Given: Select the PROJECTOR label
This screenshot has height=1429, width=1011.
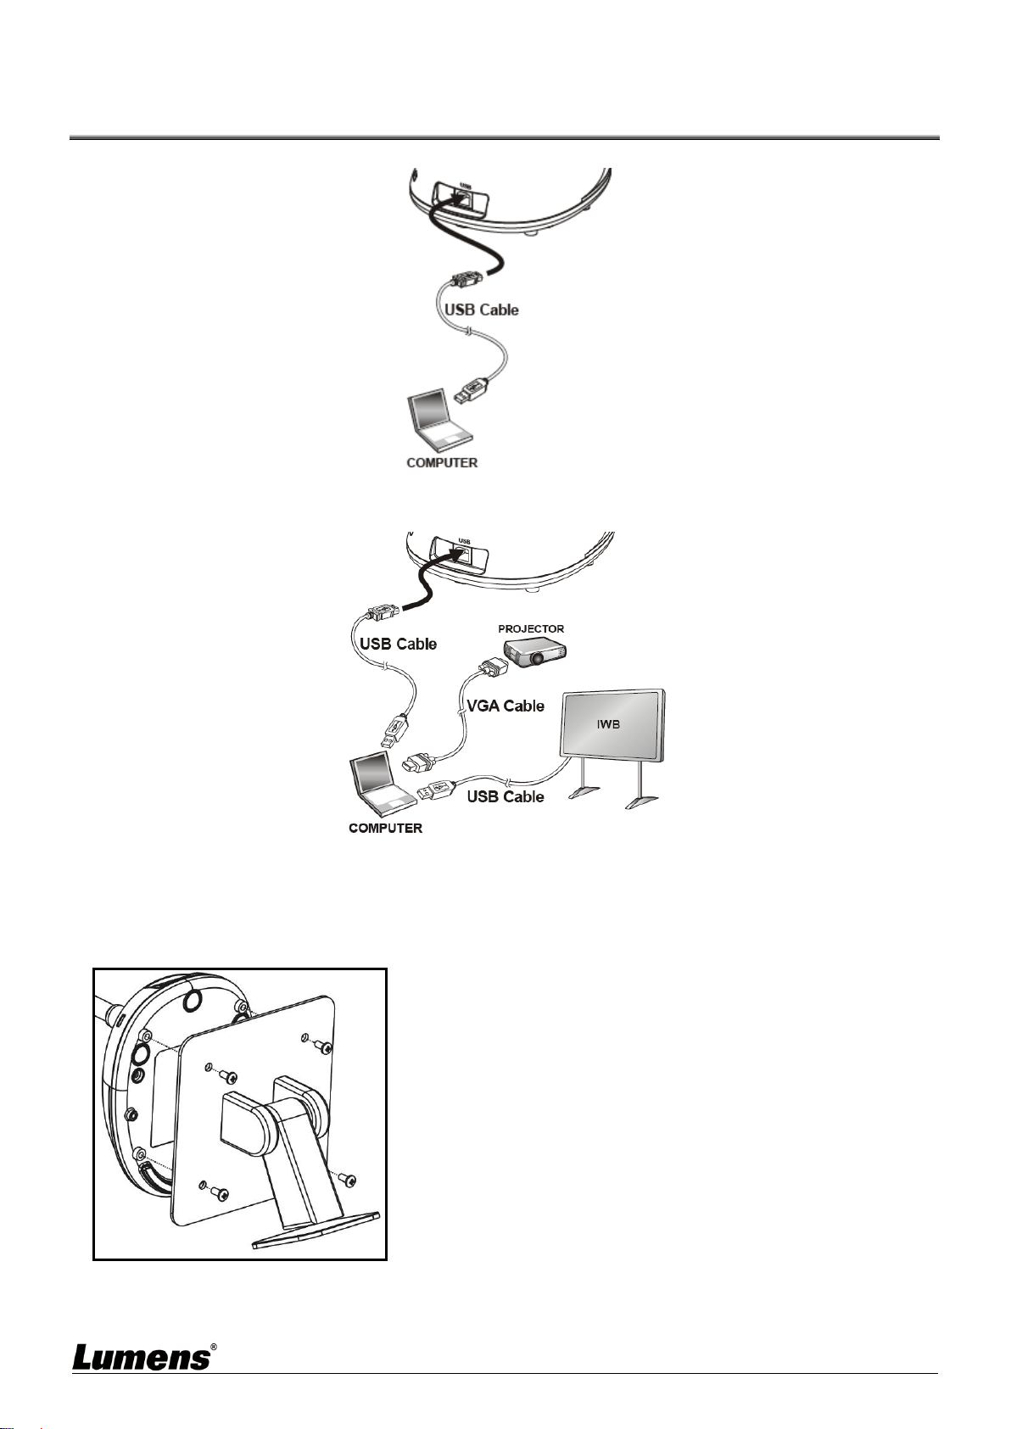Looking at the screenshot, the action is click(531, 628).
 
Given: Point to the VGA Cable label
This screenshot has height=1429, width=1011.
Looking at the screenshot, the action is click(505, 706).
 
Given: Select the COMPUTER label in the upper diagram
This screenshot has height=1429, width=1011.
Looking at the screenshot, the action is click(442, 463).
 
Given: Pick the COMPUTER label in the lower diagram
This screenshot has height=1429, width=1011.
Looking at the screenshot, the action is click(385, 828).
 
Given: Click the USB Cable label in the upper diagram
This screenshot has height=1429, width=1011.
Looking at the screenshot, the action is click(482, 310).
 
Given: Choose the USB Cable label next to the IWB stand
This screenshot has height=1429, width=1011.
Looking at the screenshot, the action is click(505, 796).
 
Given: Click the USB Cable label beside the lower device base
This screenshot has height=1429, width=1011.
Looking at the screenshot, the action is click(398, 644).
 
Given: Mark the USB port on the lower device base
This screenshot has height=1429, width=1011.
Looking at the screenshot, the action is click(463, 553).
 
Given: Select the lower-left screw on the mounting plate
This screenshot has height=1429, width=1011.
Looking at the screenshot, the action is click(222, 1194).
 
